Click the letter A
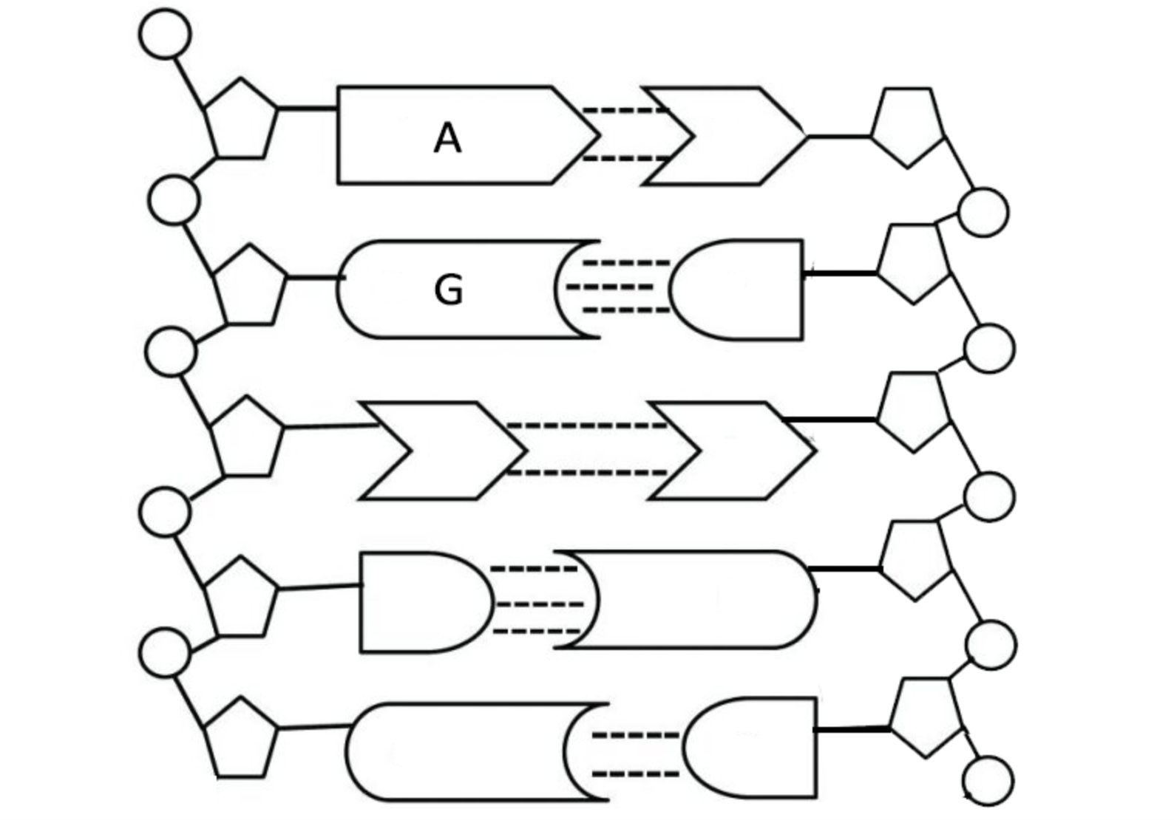click(447, 138)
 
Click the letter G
click(448, 290)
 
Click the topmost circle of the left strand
click(165, 33)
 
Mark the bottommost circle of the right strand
click(988, 780)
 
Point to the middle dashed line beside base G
click(610, 287)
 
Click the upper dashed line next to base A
click(625, 111)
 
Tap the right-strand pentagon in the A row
click(908, 126)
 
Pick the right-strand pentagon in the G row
click(914, 262)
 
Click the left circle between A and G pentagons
click(174, 200)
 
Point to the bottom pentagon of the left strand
click(240, 739)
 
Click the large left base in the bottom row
click(458, 752)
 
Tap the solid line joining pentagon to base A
click(307, 109)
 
